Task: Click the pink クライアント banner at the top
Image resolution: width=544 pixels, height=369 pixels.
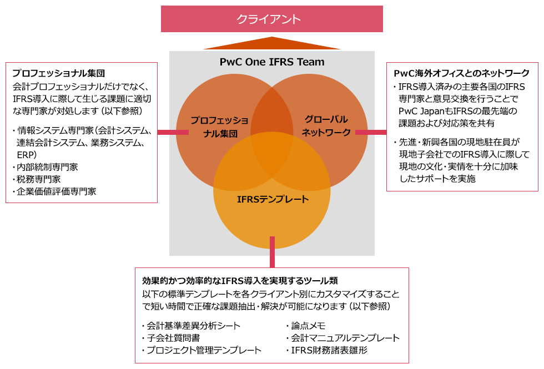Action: click(x=271, y=19)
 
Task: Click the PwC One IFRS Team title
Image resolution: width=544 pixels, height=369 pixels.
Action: click(x=272, y=62)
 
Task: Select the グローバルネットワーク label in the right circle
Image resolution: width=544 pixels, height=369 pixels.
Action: click(x=326, y=126)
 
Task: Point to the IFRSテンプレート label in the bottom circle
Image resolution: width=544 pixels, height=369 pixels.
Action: click(x=272, y=199)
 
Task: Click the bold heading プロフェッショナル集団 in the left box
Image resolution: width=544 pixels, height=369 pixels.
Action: click(x=58, y=73)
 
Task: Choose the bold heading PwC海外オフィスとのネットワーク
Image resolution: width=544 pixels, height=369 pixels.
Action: click(x=461, y=73)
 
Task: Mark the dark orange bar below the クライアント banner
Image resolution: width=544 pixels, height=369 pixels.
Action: click(x=272, y=43)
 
